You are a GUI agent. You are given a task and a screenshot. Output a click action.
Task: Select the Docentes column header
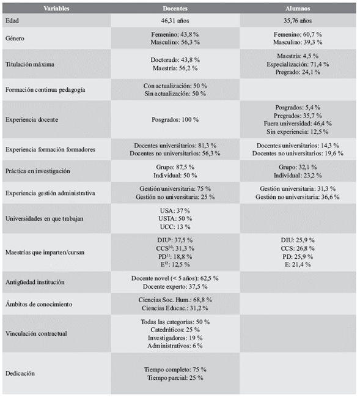(175, 9)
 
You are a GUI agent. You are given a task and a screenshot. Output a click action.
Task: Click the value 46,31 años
(175, 20)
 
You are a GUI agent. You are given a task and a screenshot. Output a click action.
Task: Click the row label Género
(15, 38)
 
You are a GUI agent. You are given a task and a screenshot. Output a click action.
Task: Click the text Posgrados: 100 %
(175, 119)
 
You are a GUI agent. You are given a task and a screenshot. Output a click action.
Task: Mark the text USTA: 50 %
(175, 218)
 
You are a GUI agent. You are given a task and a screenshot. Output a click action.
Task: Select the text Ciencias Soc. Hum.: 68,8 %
(175, 300)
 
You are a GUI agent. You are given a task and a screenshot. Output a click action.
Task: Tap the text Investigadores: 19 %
(175, 338)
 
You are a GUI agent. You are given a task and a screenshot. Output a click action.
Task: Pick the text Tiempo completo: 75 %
(175, 369)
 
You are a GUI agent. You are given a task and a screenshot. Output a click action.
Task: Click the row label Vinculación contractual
(35, 333)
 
